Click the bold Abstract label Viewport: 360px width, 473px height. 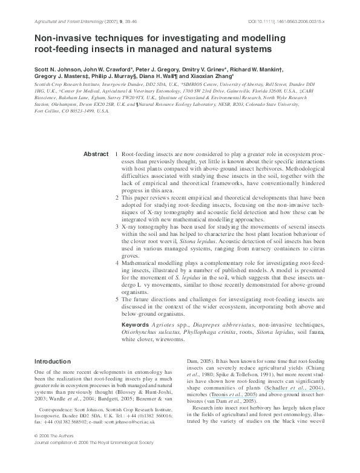(x=96, y=154)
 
